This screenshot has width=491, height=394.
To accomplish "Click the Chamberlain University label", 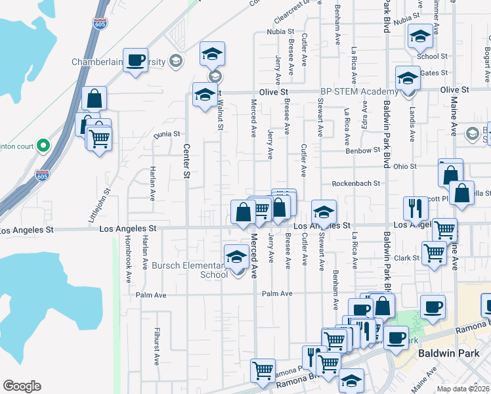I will [x=118, y=62].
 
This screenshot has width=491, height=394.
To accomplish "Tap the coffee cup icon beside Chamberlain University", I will [x=136, y=60].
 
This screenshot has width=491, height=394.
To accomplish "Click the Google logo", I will [x=22, y=386].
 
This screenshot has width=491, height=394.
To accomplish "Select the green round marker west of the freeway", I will [x=43, y=144].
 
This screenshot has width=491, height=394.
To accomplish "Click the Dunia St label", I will [x=167, y=134].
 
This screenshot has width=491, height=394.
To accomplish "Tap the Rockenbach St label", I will [x=356, y=184].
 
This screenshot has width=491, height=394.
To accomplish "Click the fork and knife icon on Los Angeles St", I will [x=415, y=208].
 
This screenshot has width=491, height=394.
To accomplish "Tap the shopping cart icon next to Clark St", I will [x=434, y=252].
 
